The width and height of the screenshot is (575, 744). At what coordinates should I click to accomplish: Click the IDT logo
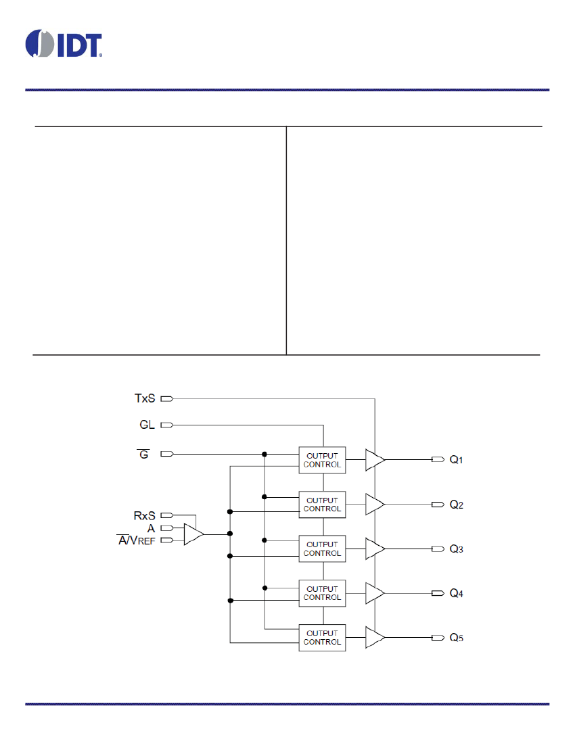[x=64, y=44]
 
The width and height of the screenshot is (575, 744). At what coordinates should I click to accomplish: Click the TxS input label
[x=145, y=398]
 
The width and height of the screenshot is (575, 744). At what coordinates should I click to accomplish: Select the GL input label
[x=147, y=425]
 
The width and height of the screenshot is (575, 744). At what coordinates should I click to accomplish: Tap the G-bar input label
[x=143, y=454]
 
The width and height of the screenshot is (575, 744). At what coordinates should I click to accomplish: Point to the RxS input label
[x=145, y=515]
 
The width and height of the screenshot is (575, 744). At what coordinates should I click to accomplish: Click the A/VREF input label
[x=137, y=540]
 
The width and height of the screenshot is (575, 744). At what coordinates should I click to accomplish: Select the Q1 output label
[x=456, y=459]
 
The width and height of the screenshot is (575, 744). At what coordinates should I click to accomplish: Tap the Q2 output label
[x=456, y=505]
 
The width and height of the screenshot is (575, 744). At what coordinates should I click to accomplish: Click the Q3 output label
[x=456, y=549]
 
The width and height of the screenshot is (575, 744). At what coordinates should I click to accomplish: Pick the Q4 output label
[x=456, y=593]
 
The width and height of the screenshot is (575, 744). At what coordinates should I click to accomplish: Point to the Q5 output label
[x=456, y=638]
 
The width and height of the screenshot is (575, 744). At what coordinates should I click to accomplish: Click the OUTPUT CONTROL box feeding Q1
[x=322, y=460]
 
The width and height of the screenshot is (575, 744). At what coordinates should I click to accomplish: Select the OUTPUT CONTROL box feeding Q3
[x=322, y=549]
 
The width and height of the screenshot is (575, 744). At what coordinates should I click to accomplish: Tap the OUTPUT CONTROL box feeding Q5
[x=322, y=638]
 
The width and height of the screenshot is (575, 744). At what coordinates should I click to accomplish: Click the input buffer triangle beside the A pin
[x=193, y=534]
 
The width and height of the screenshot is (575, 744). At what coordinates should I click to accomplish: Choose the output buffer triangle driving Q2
[x=375, y=505]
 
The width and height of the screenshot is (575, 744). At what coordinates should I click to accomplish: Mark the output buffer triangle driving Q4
[x=375, y=593]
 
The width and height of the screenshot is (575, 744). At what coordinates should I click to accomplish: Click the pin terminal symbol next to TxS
[x=167, y=399]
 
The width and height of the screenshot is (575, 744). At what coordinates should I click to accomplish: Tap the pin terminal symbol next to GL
[x=167, y=425]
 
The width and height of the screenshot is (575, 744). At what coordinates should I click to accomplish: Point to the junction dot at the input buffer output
[x=230, y=534]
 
